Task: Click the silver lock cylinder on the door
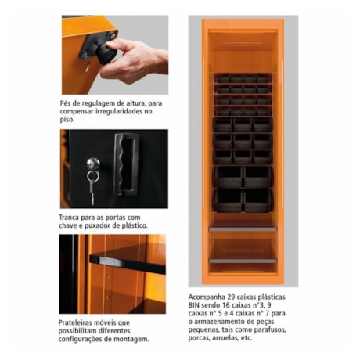[x=93, y=164]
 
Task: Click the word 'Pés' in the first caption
[x=68, y=103]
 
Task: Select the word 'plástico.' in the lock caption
[x=128, y=225]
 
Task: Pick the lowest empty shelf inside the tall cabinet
[x=242, y=261]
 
